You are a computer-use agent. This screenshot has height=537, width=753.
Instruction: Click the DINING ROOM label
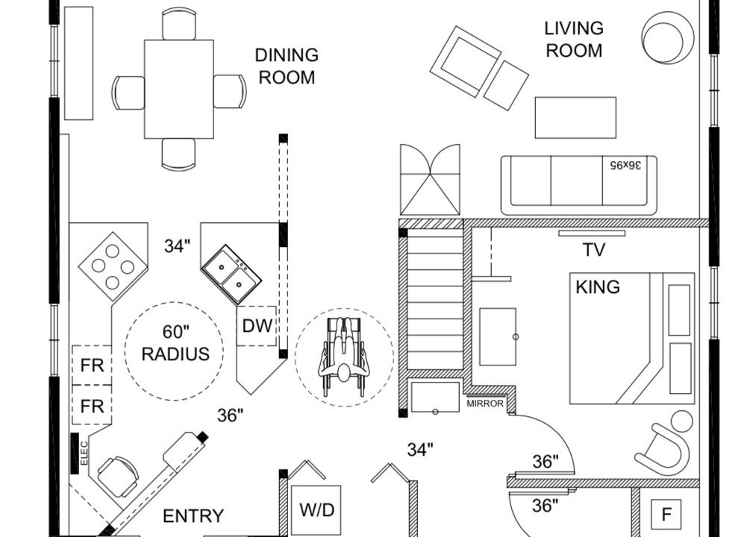pos(287,66)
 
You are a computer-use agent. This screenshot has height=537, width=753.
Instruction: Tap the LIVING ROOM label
pos(574,40)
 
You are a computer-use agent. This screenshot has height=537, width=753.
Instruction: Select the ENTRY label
pos(193,516)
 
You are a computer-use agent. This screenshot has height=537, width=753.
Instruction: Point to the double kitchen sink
pos(231,274)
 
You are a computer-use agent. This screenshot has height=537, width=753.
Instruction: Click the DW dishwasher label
pos(257,326)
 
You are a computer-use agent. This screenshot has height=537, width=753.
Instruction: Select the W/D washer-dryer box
pos(316,509)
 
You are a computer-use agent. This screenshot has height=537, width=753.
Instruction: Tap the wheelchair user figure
pos(344,356)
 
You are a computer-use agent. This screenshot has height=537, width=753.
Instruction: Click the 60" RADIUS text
pos(176,342)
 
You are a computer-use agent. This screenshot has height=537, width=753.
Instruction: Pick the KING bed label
pos(598,287)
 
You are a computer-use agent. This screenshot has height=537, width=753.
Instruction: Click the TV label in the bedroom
pos(593,250)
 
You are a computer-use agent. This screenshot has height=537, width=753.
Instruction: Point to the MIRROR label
pos(485,404)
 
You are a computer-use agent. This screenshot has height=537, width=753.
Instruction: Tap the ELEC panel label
pos(84,453)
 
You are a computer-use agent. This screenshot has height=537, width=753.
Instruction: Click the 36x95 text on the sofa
pos(625,165)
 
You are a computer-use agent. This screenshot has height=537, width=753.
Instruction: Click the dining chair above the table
pos(179,24)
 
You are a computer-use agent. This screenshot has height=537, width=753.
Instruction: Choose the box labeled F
pos(666,515)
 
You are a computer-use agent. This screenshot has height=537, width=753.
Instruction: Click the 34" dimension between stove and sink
pos(177,245)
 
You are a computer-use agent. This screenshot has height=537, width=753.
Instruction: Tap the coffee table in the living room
pos(576,118)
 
